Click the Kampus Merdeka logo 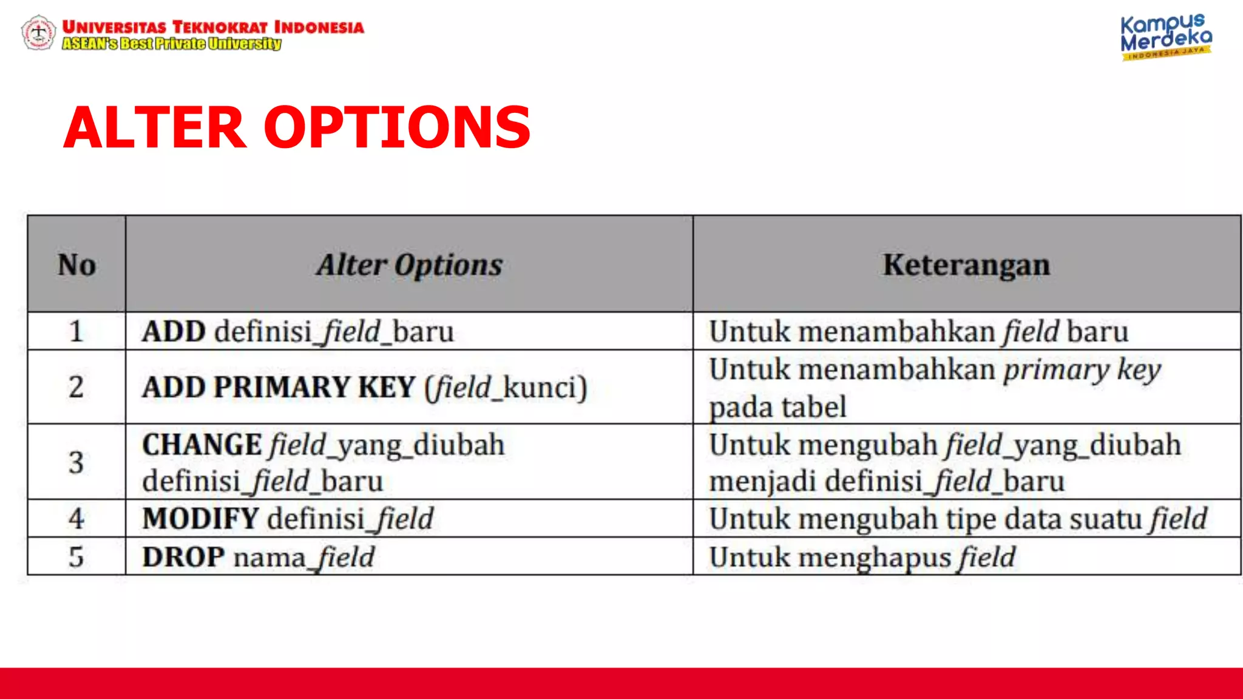pyautogui.click(x=1165, y=36)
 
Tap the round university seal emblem pyautogui.click(x=38, y=33)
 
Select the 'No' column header pyautogui.click(x=76, y=265)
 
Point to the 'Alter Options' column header pyautogui.click(x=409, y=265)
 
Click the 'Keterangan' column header pyautogui.click(x=966, y=265)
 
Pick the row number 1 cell pyautogui.click(x=76, y=331)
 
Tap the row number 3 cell pyautogui.click(x=76, y=462)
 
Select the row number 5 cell pyautogui.click(x=76, y=556)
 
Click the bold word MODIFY pyautogui.click(x=201, y=519)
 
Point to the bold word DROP pyautogui.click(x=183, y=556)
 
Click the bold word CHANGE pyautogui.click(x=202, y=445)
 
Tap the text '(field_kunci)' pyautogui.click(x=506, y=387)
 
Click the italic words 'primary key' pyautogui.click(x=1082, y=370)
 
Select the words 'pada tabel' pyautogui.click(x=777, y=407)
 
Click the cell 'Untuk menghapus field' pyautogui.click(x=862, y=556)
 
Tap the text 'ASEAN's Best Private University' pyautogui.click(x=172, y=44)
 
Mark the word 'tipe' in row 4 pyautogui.click(x=969, y=519)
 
